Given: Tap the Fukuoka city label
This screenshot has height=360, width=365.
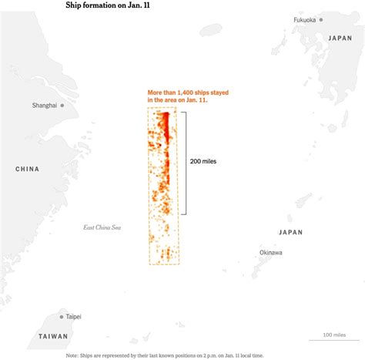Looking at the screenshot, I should coord(304,20).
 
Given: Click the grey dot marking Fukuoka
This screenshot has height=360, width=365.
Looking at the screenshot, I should coord(321,20).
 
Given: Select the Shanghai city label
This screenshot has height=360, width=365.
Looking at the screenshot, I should coord(44,105).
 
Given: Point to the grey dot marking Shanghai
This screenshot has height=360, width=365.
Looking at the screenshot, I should coord(62,105).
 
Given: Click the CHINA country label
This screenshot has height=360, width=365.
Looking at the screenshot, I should coord(27,169).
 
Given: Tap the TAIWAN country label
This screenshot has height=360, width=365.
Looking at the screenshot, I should coord(52,336).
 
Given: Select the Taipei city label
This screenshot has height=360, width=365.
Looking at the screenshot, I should coord(73,317).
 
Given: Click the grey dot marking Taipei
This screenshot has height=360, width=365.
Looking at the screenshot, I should coord(62,316).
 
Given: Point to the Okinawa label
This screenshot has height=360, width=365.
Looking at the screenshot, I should coord(270,252).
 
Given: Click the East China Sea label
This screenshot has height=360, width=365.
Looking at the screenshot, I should coord(102,227).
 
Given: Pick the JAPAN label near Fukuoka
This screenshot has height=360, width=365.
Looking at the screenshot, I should coord(339,38).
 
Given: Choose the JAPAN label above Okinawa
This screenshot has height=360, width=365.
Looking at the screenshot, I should coord(290,232).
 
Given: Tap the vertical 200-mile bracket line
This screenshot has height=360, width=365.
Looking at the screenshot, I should coord(186,163).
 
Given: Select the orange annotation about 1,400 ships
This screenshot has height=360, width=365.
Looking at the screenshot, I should coord(188,97).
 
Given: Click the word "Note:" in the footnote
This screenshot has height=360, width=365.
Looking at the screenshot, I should coord(72,355).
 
